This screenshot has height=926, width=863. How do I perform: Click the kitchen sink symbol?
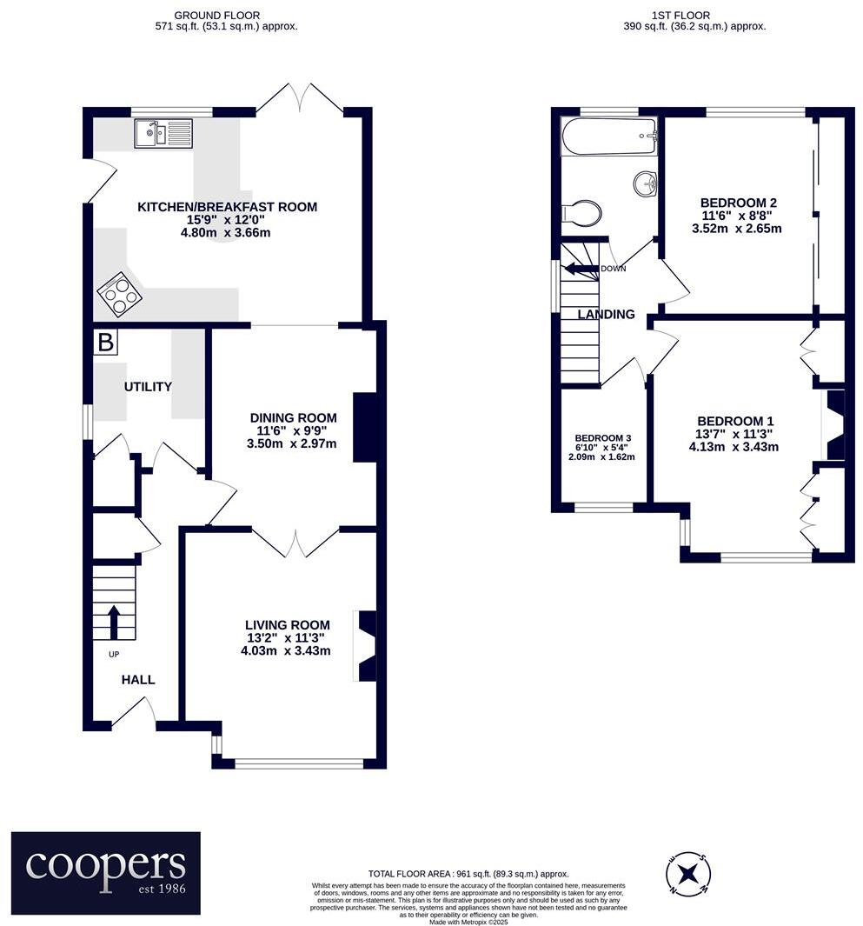pyautogui.click(x=163, y=133)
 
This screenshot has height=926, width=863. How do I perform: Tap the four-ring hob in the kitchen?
pyautogui.click(x=119, y=294)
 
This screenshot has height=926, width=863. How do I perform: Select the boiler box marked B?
pyautogui.click(x=106, y=342)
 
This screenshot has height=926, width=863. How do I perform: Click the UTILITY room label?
pyautogui.click(x=148, y=386)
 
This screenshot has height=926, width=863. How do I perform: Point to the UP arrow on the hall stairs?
pyautogui.click(x=114, y=622)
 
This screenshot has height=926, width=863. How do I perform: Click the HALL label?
pyautogui.click(x=138, y=680)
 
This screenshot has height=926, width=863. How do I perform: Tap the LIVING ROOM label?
pyautogui.click(x=288, y=625)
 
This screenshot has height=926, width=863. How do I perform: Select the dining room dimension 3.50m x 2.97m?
pyautogui.click(x=292, y=443)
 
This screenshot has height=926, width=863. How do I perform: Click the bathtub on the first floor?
pyautogui.click(x=609, y=137)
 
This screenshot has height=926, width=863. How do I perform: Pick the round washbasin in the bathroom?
pyautogui.click(x=645, y=183)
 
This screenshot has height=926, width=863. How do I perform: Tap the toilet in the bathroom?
pyautogui.click(x=582, y=212)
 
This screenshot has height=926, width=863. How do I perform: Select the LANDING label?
pyautogui.click(x=607, y=314)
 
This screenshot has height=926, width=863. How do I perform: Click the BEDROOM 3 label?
pyautogui.click(x=602, y=438)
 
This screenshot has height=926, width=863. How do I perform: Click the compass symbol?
pyautogui.click(x=688, y=874)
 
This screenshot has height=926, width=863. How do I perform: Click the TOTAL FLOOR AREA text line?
pyautogui.click(x=468, y=874)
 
